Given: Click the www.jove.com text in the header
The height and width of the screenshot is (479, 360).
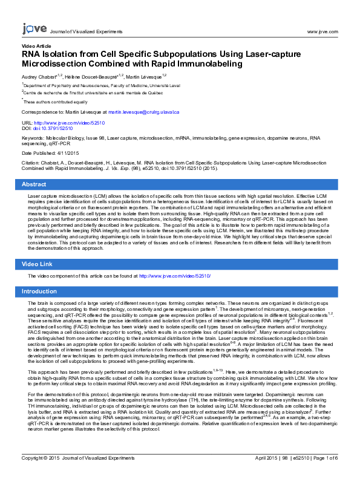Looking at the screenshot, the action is tap(322, 30).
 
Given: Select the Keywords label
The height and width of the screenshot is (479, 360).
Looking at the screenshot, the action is tap(35, 138).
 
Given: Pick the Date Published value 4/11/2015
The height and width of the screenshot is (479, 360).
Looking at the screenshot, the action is tap(76, 152).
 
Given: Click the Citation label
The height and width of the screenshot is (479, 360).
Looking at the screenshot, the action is tap(31, 163).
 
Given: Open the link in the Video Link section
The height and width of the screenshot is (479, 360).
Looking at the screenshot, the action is tap(175, 276).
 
